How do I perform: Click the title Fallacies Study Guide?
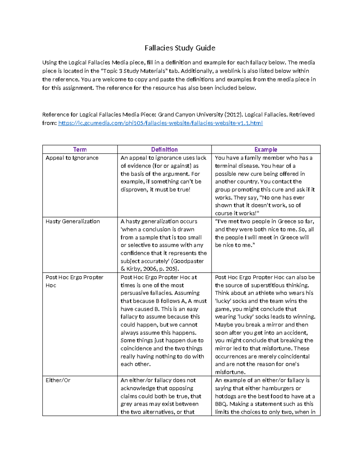180,48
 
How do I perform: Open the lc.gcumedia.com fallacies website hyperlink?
160,123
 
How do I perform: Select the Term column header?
80,149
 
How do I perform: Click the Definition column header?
164,149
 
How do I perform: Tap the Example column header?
265,149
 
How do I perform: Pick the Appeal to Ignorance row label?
72,158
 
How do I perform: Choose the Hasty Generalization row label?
73,221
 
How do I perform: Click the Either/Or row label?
58,380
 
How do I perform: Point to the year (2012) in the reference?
234,115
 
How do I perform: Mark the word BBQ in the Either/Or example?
220,404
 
